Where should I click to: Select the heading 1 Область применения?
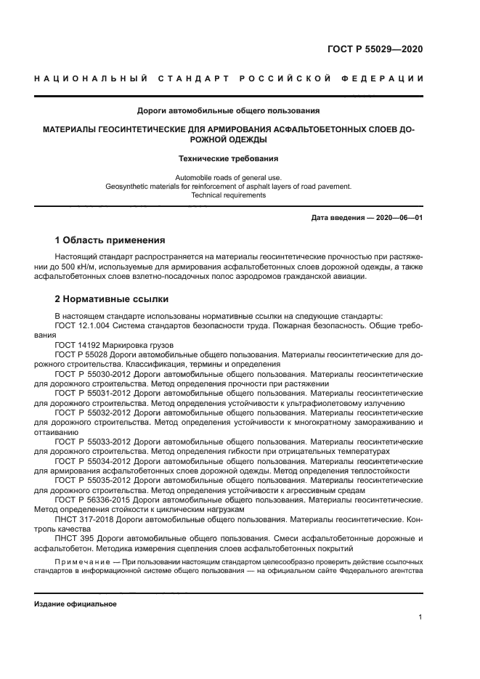tap(110, 240)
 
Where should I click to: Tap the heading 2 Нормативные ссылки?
tap(112, 298)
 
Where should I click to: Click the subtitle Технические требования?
tap(229, 158)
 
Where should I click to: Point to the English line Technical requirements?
tap(229, 195)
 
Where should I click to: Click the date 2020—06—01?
tap(397, 218)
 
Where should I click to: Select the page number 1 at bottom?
tap(420, 617)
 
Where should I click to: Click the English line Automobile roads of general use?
tap(229, 177)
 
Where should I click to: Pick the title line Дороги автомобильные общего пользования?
tap(229, 111)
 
